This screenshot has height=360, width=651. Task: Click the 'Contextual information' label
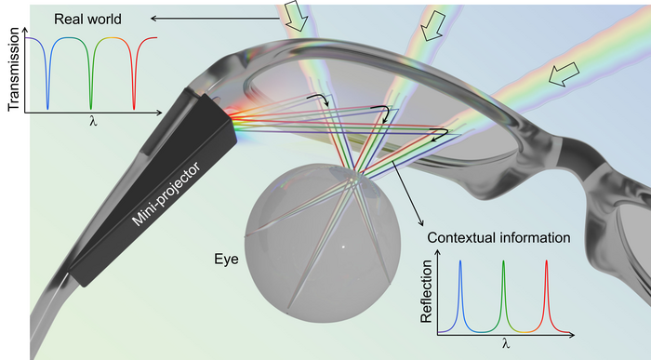pyautogui.click(x=498, y=238)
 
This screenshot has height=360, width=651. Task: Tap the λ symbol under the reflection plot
pyautogui.click(x=505, y=343)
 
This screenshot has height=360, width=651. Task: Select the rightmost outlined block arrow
pyautogui.click(x=561, y=81)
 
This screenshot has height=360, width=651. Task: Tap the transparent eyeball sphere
pyautogui.click(x=312, y=237)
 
